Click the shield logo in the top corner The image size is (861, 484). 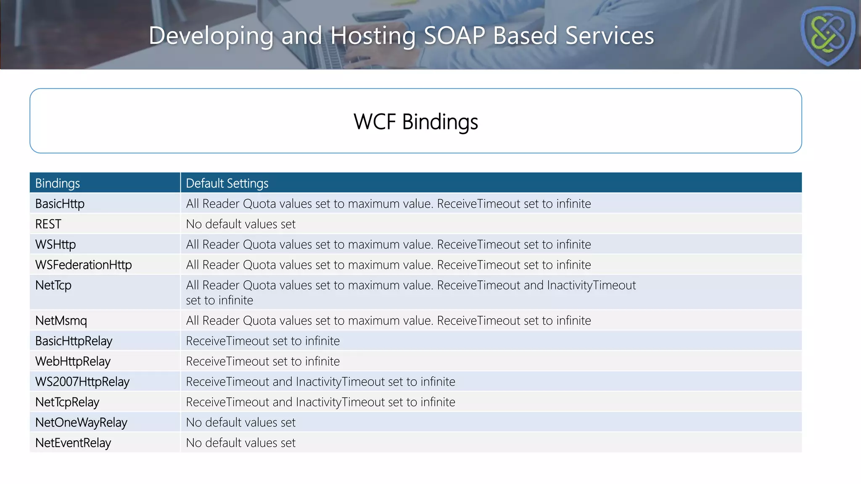click(827, 35)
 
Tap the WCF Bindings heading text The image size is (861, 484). click(415, 122)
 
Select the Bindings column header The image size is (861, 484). click(58, 183)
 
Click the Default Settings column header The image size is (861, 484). click(227, 183)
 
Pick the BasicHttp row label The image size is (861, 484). click(60, 204)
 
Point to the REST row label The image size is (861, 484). click(48, 224)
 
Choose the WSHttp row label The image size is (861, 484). click(55, 245)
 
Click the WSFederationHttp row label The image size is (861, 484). click(84, 265)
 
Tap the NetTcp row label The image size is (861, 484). click(53, 285)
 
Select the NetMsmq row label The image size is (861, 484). click(61, 321)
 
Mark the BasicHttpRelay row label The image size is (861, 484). click(74, 341)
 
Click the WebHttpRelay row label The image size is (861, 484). click(73, 361)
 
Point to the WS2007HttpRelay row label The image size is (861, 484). click(82, 381)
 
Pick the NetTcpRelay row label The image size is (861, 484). click(67, 402)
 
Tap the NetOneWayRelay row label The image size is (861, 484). click(81, 422)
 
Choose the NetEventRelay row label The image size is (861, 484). click(73, 443)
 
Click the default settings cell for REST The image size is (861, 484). click(240, 224)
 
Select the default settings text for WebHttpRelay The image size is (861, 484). click(263, 361)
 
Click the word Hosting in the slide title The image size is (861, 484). click(373, 35)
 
